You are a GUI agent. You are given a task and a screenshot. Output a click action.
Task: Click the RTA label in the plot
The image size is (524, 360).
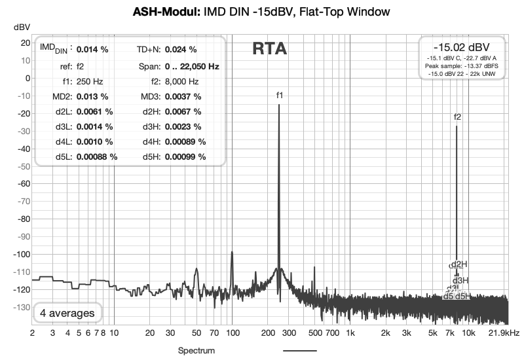coord(269,49)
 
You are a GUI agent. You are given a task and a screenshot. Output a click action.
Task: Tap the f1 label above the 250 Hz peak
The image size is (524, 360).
coord(279,96)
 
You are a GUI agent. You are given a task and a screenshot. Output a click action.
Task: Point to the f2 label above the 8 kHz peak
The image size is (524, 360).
coord(457,117)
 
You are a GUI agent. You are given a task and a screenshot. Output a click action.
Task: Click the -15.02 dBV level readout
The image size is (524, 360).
coord(461,48)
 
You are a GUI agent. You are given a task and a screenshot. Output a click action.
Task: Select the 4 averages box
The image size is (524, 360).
coord(67,313)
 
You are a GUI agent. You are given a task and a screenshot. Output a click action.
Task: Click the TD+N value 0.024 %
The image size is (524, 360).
coord(181,49)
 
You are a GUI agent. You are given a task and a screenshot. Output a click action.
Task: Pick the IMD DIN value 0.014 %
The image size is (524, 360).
coord(92,49)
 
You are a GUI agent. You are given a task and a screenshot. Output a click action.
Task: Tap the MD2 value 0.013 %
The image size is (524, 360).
coord(92,96)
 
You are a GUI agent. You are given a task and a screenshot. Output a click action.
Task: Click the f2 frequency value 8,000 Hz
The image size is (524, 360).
coord(181,82)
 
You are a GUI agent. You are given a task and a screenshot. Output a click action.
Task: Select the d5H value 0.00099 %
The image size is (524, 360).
coord(185,156)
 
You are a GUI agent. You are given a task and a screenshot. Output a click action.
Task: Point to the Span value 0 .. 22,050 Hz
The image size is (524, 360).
coord(192,66)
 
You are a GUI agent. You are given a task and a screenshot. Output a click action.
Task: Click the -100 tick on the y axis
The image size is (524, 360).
coord(21,254)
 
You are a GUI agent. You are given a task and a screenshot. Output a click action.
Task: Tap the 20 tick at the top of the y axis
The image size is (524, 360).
coord(25,43)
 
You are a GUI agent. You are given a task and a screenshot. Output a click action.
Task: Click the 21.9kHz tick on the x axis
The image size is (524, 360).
coord(504,333)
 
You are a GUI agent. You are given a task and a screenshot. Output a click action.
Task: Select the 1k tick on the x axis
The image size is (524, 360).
coord(350,333)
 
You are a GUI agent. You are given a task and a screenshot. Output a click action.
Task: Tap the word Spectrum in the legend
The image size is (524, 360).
coord(196,351)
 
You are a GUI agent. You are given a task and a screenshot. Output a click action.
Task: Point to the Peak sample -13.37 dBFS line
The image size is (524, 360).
coord(461,67)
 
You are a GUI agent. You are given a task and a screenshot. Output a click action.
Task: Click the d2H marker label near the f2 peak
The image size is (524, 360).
coord(460,264)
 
